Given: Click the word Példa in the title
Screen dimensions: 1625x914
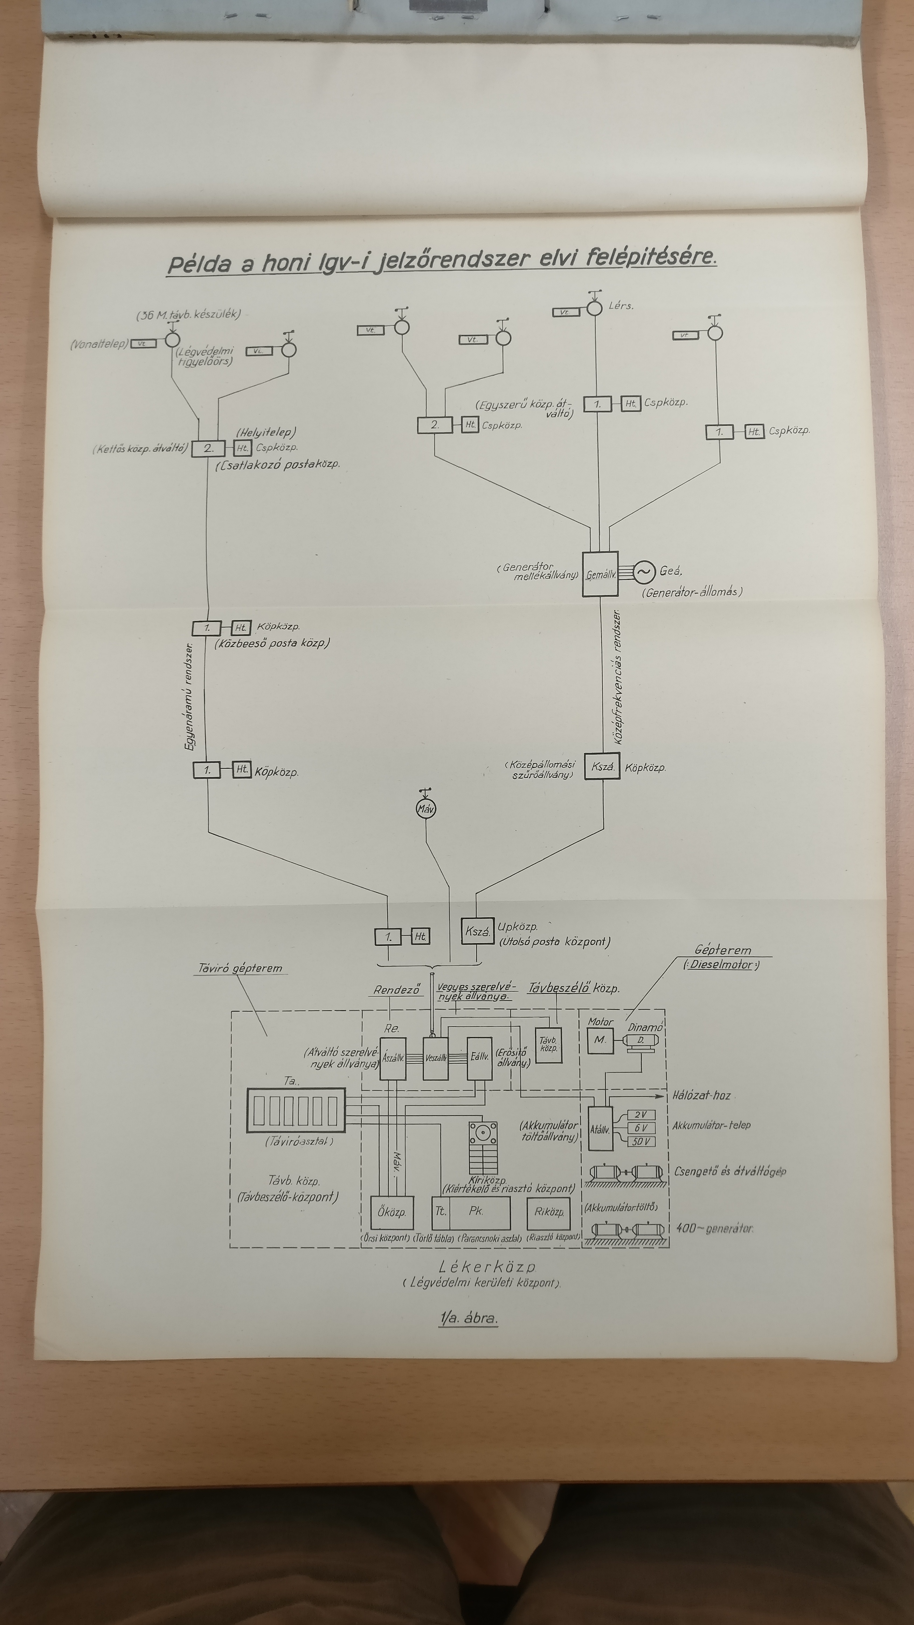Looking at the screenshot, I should tap(199, 264).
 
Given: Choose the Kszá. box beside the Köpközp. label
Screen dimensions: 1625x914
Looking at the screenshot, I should tap(602, 767).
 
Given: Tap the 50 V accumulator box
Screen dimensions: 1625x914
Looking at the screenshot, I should tap(641, 1141).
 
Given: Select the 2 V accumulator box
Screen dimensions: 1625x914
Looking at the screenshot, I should tap(641, 1115).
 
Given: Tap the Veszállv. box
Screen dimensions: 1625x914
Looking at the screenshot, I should tap(435, 1058).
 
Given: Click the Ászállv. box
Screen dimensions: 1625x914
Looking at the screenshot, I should tap(393, 1058).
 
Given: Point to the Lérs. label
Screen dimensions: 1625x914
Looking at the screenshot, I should tap(621, 306).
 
